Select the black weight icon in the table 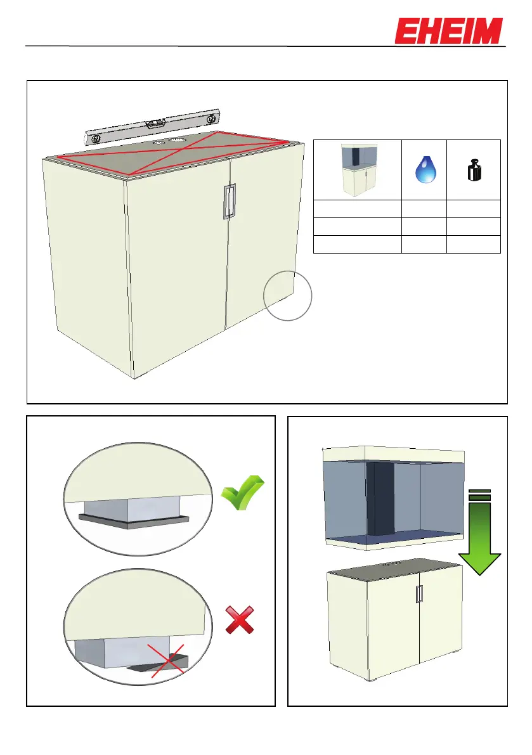pyautogui.click(x=473, y=172)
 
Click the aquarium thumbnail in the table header pyautogui.click(x=358, y=170)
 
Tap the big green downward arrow pyautogui.click(x=480, y=532)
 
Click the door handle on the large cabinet pyautogui.click(x=228, y=202)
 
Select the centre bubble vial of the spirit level pyautogui.click(x=154, y=124)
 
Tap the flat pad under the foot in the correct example pyautogui.click(x=133, y=522)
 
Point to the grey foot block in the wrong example pyautogui.click(x=101, y=653)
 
